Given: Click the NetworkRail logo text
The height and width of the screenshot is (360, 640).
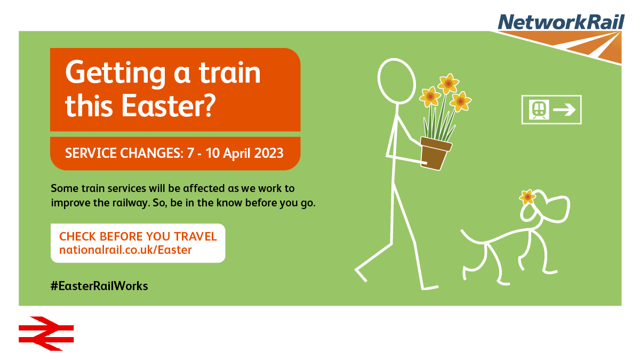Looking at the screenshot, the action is (x=561, y=22).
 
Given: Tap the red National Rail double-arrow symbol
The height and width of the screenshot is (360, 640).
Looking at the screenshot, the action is (x=46, y=333).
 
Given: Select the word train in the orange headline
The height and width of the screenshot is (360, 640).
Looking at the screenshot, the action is (x=229, y=73).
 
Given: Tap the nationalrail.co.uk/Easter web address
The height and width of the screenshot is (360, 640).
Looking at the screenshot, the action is (x=125, y=250).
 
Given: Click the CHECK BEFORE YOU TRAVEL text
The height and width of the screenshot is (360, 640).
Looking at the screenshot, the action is (x=138, y=237).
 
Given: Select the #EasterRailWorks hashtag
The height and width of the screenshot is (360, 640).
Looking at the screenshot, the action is (x=99, y=286).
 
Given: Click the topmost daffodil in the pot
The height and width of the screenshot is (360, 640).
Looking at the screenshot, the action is (x=449, y=83).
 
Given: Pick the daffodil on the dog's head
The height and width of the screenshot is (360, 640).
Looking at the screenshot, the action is (x=527, y=197).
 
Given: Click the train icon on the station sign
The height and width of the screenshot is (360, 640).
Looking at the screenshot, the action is (x=539, y=109).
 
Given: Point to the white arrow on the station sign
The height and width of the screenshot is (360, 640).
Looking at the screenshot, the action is (x=564, y=109).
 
